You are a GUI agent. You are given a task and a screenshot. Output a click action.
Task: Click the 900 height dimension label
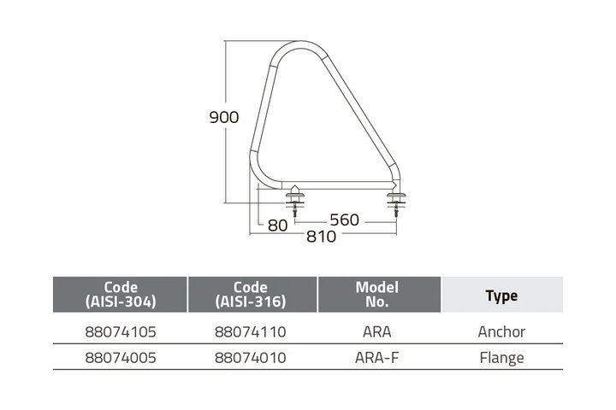point(224,117)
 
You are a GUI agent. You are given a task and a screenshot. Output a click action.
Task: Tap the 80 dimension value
point(277,225)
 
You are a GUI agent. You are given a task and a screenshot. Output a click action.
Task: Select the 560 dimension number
point(345,220)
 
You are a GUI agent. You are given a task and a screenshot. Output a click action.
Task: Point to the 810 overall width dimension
point(322,237)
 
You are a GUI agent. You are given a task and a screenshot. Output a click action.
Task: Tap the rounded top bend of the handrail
point(300,45)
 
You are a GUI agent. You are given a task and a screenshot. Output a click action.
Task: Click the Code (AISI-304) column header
point(121,294)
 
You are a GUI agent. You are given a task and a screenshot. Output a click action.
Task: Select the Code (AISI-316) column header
point(250,294)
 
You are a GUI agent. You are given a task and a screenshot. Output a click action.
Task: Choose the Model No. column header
point(376,294)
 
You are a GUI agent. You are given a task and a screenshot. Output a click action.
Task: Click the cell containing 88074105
point(121,332)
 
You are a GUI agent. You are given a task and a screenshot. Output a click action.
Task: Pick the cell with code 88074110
point(250,332)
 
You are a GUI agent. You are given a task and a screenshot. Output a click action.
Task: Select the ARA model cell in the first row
point(376,332)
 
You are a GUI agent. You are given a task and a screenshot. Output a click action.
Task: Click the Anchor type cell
point(501,332)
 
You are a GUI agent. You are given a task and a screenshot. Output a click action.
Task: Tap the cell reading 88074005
point(121,358)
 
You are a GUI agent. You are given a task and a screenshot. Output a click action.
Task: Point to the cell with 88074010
point(250,358)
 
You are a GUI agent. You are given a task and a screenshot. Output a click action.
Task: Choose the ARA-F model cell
point(376,358)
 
